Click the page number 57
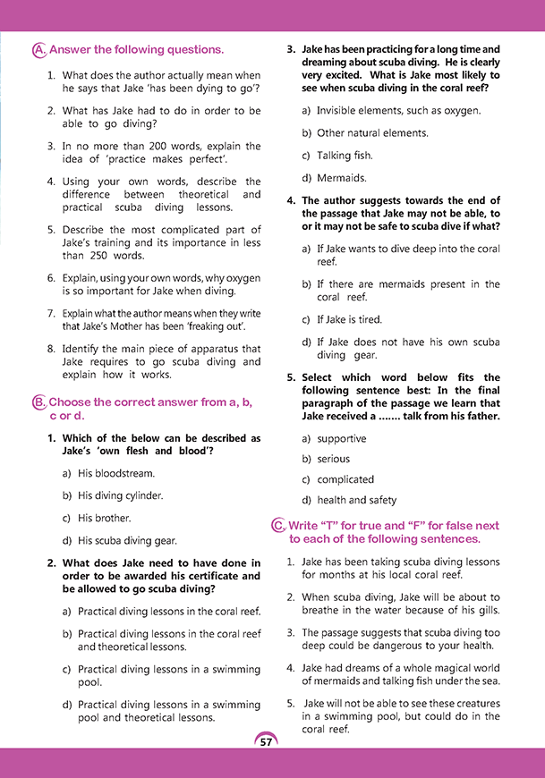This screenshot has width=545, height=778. point(266,742)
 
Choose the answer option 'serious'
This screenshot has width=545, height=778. point(333,459)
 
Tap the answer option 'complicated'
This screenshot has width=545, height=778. point(345,479)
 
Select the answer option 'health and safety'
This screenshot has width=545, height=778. point(355,500)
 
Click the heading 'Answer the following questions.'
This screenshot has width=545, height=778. point(136,50)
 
